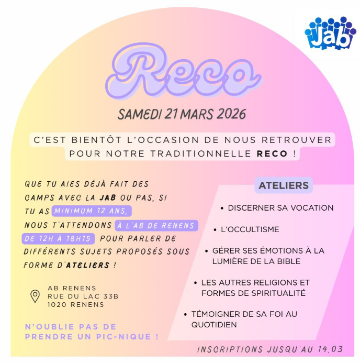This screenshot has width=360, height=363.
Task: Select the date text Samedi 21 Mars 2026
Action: point(182,114)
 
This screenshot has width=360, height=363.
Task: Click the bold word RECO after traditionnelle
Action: point(272,154)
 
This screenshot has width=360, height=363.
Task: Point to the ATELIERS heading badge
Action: point(283,185)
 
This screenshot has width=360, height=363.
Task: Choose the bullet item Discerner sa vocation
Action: point(280,207)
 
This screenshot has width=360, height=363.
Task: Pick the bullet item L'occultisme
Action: point(250,229)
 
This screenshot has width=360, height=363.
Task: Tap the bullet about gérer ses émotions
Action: point(268,256)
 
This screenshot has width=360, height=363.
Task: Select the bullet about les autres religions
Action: point(255,288)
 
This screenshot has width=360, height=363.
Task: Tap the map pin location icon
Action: point(35,296)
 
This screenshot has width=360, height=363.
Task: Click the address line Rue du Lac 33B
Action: point(83,296)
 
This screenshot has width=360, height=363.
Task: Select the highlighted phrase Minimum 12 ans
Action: point(92,211)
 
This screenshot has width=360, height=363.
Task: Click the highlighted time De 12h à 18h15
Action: point(58,238)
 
